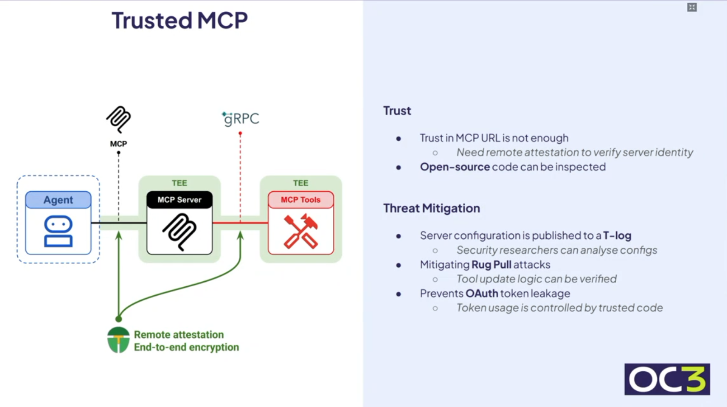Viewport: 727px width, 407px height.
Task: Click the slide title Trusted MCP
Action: click(x=179, y=21)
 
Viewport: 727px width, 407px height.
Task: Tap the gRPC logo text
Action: click(x=241, y=119)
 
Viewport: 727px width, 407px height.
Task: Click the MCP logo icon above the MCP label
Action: click(x=118, y=119)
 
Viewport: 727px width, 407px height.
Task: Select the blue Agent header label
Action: click(x=58, y=200)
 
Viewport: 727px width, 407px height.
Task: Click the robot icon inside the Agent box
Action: click(x=58, y=231)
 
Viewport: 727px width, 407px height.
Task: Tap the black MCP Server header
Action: click(x=179, y=200)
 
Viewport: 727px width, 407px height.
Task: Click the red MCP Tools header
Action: click(x=301, y=200)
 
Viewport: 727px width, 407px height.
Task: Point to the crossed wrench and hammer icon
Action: click(x=301, y=232)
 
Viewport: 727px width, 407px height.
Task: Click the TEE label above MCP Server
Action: click(x=179, y=183)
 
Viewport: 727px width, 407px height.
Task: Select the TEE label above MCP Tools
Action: click(x=301, y=183)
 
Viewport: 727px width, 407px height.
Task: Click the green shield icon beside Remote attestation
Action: click(x=118, y=340)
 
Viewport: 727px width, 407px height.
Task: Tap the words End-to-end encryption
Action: click(x=186, y=347)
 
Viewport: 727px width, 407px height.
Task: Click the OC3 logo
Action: click(x=667, y=379)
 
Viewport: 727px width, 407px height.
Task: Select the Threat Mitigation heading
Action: click(x=431, y=208)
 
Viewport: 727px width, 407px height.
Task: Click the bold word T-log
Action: click(x=617, y=236)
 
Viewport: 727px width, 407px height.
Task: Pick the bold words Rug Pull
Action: click(x=491, y=265)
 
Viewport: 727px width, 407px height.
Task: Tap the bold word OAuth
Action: click(x=482, y=293)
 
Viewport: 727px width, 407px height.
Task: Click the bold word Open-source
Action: click(x=455, y=167)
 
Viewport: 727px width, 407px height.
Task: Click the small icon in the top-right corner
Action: click(x=692, y=7)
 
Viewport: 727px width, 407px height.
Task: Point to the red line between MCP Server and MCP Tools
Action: click(x=226, y=222)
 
